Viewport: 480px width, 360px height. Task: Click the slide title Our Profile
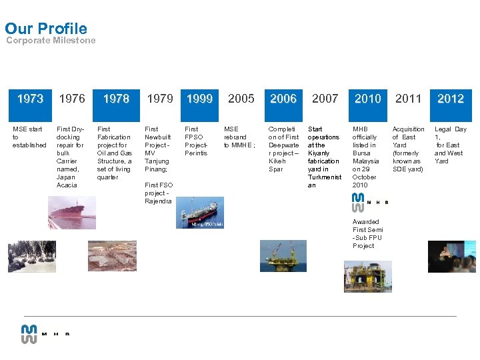tap(46, 28)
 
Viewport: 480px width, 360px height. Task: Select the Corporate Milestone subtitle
tap(51, 41)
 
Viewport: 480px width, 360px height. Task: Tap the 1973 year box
tap(30, 99)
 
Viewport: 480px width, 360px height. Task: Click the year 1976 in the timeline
tap(72, 99)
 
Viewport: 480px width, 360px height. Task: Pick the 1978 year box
tap(116, 99)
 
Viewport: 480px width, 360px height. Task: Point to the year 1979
tap(160, 99)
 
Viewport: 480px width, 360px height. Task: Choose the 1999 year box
tap(199, 99)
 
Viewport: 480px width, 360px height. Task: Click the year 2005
tap(241, 99)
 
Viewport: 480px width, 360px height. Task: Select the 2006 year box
tap(283, 99)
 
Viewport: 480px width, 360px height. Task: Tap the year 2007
tap(325, 99)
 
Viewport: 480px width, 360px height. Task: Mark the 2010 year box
tap(367, 99)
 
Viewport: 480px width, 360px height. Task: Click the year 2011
tap(409, 99)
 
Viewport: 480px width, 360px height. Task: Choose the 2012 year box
tap(451, 99)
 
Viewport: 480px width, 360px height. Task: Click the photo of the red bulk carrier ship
tap(72, 213)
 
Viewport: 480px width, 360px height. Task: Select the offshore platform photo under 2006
tap(283, 256)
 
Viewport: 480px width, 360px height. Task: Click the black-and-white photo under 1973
tap(31, 257)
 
